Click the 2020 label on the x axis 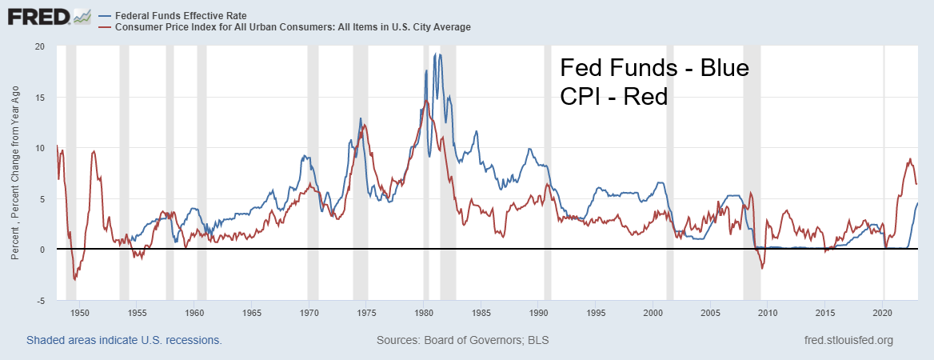click(883, 313)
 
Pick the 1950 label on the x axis click(79, 313)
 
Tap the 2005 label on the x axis click(711, 313)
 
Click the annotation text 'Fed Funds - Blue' click(654, 68)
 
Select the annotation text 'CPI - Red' click(613, 96)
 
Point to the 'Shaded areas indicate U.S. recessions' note click(124, 341)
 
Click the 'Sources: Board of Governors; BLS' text click(462, 341)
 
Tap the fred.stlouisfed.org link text click(848, 341)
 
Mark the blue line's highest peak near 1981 click(435, 54)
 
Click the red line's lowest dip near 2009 click(762, 268)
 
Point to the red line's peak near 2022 click(910, 158)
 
